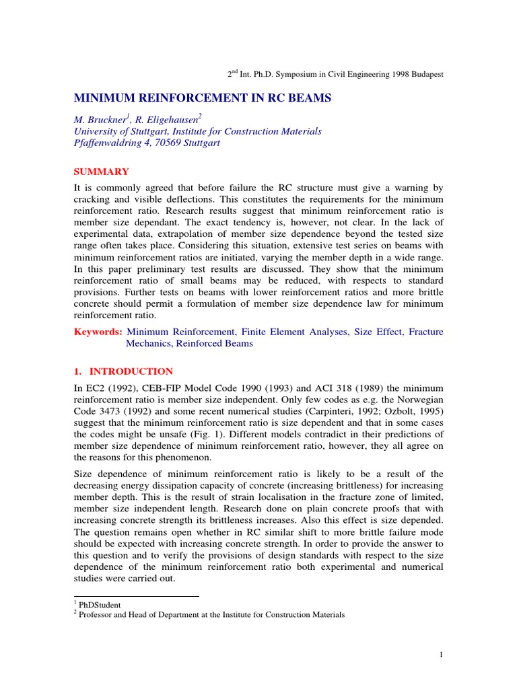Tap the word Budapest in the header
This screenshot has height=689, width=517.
[x=424, y=74]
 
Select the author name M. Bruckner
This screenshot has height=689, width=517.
[x=101, y=120]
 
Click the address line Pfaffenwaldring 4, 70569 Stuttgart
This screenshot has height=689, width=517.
[x=150, y=143]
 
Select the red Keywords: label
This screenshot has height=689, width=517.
[x=97, y=332]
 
